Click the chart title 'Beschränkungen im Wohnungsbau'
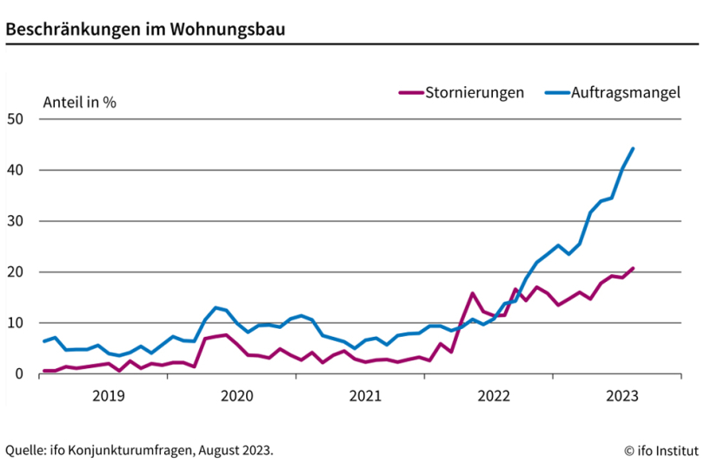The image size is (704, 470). point(145,29)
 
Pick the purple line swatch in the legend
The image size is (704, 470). point(410,92)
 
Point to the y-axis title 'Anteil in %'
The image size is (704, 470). point(79,101)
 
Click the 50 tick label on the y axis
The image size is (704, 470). point(17,119)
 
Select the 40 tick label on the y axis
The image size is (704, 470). point(17,171)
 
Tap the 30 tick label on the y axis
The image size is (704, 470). point(17,221)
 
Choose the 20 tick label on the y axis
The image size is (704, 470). point(17,272)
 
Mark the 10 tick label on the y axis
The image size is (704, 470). point(17,323)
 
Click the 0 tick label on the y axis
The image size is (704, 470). point(20,374)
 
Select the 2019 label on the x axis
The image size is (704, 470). point(108,396)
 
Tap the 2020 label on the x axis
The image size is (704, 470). point(236,396)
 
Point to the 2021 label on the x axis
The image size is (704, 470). point(365,396)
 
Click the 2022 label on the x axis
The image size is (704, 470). point(493,396)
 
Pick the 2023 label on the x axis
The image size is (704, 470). point(621,396)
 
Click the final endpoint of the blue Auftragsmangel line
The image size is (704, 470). point(633,149)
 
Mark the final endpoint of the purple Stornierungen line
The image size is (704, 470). point(633,268)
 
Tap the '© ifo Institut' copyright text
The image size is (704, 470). point(661,450)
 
